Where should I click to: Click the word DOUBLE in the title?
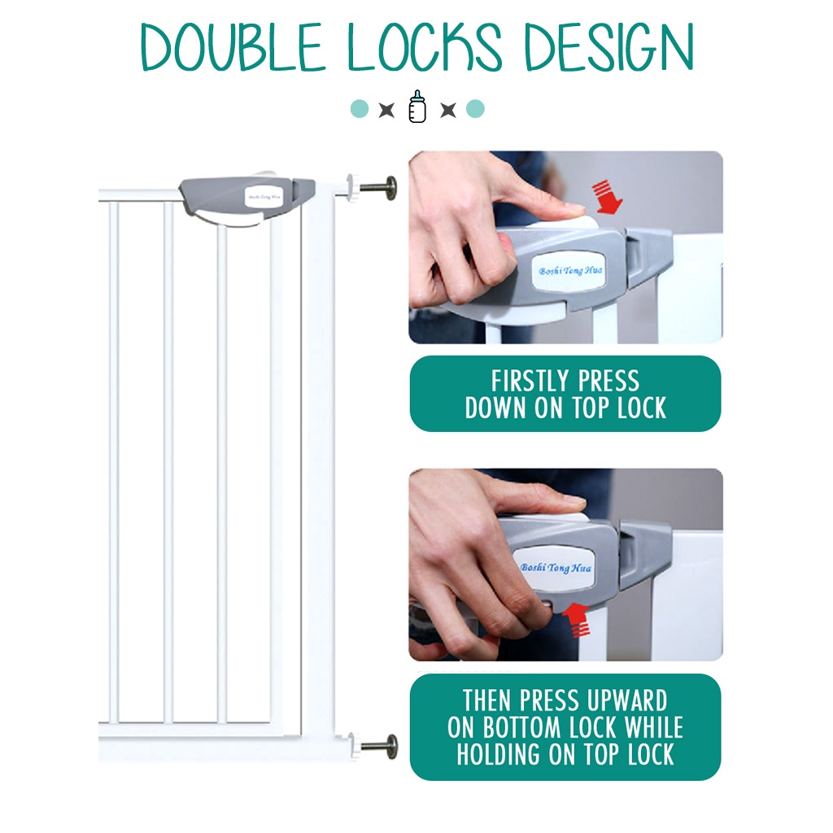click(232, 46)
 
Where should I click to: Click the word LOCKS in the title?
click(424, 46)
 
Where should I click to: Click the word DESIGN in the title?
click(608, 46)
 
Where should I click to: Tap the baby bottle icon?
click(417, 107)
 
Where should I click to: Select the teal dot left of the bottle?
click(360, 108)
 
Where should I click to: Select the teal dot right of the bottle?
click(475, 108)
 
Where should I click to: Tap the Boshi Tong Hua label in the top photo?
click(570, 270)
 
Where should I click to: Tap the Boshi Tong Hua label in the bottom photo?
click(555, 568)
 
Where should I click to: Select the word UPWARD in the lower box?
click(630, 700)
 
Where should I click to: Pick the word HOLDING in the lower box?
click(500, 754)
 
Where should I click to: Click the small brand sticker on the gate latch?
click(264, 197)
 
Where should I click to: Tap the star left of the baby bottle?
click(386, 110)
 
